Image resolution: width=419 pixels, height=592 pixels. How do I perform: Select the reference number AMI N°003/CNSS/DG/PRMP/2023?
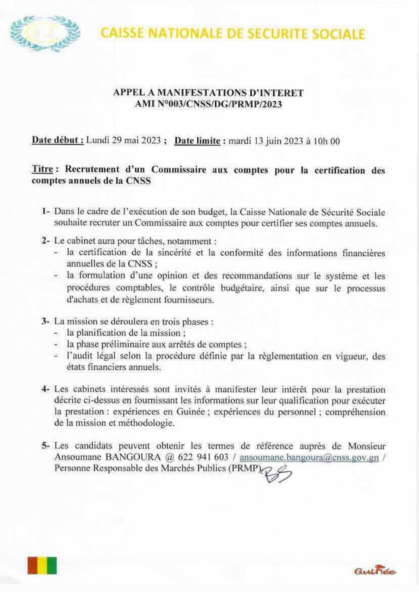click(x=208, y=104)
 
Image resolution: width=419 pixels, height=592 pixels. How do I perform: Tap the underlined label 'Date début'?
click(x=58, y=140)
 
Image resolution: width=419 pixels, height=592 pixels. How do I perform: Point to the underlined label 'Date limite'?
click(x=197, y=141)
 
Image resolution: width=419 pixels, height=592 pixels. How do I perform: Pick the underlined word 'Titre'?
click(x=43, y=169)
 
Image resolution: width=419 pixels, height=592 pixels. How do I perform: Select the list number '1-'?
click(x=46, y=212)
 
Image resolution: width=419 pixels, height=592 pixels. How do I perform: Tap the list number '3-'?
click(x=46, y=321)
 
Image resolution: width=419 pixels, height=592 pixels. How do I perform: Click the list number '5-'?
click(x=46, y=446)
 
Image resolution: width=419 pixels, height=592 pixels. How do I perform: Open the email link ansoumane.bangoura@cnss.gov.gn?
click(x=309, y=457)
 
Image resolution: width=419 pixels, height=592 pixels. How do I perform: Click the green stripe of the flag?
click(x=52, y=566)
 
